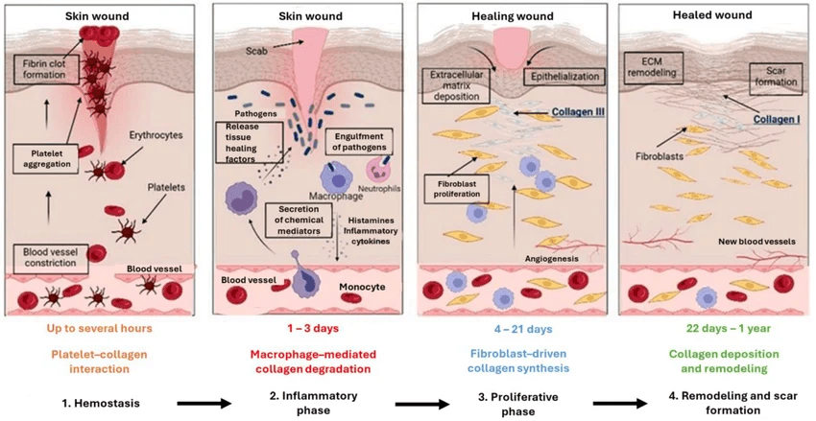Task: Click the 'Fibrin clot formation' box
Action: coord(38,68)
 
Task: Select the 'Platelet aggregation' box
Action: coord(41,157)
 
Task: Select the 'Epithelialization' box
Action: coord(563,74)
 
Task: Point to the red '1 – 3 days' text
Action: coord(305,328)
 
